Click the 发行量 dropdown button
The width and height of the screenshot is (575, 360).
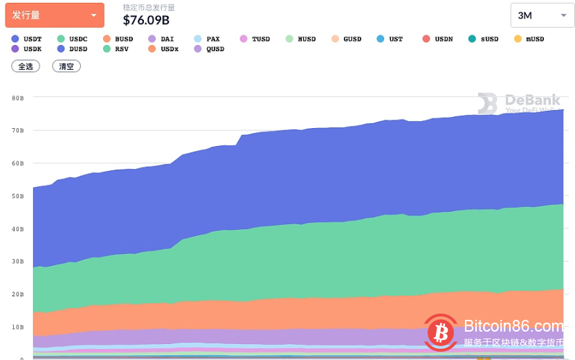54,15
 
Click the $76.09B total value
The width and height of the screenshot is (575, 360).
146,19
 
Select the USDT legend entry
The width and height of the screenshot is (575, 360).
28,39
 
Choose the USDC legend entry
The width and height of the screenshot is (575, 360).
73,39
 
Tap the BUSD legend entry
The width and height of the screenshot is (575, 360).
118,39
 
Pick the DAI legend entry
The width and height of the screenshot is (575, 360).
163,39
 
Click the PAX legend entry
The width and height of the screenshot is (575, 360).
208,39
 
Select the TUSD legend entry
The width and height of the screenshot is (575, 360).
255,39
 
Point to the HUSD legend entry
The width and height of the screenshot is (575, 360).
300,39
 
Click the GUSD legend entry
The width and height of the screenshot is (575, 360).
346,39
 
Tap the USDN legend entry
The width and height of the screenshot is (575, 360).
437,39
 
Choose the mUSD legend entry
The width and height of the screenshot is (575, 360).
529,39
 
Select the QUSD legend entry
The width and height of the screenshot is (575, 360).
209,49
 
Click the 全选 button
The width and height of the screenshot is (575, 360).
26,66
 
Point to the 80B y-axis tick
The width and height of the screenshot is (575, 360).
18,98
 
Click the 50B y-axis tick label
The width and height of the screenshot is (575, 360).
18,197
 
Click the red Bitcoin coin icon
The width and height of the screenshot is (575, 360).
441,332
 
